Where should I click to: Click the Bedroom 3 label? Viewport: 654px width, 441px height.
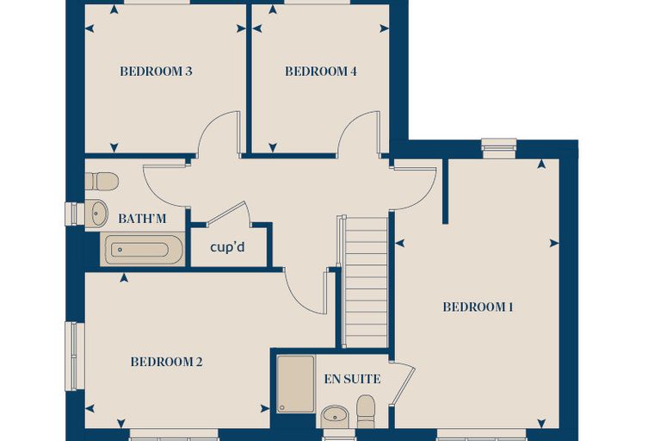click(156, 71)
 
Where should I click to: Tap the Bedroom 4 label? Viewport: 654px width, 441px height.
click(321, 71)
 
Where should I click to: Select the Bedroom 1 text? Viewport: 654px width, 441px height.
click(478, 307)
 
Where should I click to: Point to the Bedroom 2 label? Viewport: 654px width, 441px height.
click(166, 362)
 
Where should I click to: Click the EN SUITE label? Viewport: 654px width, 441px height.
click(353, 379)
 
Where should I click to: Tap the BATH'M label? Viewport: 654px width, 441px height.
click(142, 219)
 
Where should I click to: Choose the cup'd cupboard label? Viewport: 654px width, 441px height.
click(227, 247)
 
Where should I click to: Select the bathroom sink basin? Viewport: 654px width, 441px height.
click(97, 213)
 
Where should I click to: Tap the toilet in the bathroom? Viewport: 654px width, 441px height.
click(102, 181)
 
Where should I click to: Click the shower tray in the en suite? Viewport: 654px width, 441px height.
click(296, 384)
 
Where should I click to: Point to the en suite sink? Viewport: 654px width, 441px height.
click(335, 416)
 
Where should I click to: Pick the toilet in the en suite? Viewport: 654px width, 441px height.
click(366, 412)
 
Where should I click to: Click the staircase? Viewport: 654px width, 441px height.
click(365, 282)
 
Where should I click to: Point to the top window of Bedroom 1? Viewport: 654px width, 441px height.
click(499, 149)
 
